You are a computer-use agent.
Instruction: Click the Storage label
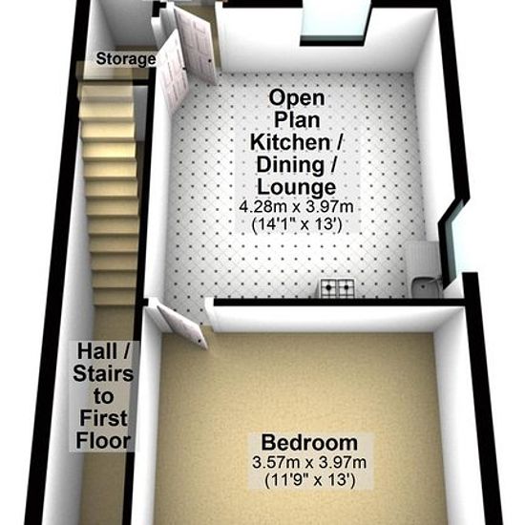126,59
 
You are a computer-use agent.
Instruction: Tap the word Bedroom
309,442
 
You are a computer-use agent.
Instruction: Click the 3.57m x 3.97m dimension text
309,463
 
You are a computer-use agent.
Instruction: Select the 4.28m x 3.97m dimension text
296,206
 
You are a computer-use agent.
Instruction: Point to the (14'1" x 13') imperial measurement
297,224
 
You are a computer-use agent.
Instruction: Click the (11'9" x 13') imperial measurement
309,480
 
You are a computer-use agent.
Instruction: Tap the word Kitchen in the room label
290,142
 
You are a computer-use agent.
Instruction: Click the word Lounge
296,187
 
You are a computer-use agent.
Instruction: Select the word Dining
290,165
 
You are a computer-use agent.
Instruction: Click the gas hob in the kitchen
338,288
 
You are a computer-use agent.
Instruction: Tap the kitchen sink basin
424,289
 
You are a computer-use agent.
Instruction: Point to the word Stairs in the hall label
103,373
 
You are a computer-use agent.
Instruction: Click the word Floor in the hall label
103,441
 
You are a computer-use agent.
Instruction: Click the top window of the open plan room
335,23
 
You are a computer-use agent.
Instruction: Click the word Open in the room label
297,97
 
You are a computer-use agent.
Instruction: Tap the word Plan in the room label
297,120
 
